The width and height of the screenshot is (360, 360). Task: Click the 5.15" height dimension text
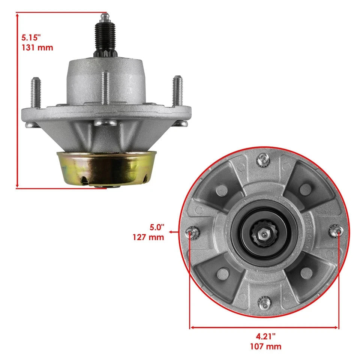click(x=30, y=37)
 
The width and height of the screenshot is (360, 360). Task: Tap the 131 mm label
click(x=37, y=48)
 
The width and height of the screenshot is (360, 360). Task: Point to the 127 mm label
click(x=148, y=237)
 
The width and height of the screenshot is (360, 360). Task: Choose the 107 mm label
click(x=265, y=346)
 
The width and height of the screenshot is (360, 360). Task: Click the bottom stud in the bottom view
click(x=263, y=301)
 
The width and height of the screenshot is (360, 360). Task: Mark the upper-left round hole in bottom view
click(x=221, y=190)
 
